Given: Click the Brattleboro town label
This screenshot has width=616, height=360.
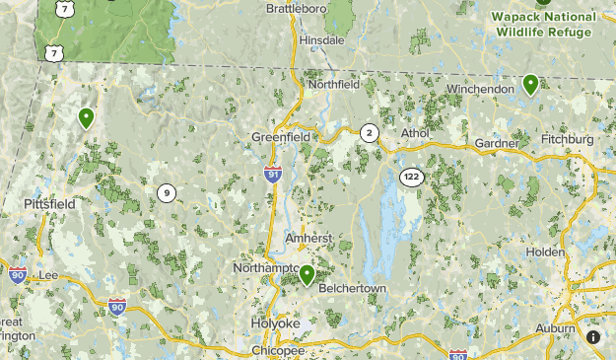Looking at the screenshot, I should (297, 8).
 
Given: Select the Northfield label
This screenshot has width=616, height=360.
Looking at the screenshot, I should (332, 85).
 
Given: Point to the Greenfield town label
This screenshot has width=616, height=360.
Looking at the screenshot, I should (281, 136).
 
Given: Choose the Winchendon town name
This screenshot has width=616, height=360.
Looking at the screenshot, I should (481, 89).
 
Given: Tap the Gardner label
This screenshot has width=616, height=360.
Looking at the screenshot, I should (497, 144).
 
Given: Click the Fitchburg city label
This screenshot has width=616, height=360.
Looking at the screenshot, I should (567, 140).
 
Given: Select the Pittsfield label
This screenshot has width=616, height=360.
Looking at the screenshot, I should (49, 204).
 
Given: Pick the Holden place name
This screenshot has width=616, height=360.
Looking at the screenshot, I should (545, 252).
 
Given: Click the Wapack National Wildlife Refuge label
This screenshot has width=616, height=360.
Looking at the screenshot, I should (544, 25).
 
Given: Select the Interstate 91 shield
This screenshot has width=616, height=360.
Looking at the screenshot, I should (272, 175).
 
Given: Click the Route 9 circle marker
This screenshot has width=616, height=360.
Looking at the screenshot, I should (166, 193).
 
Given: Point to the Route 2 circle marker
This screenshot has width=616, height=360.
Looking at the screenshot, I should (370, 133).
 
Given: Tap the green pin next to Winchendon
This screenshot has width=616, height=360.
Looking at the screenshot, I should (530, 85).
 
